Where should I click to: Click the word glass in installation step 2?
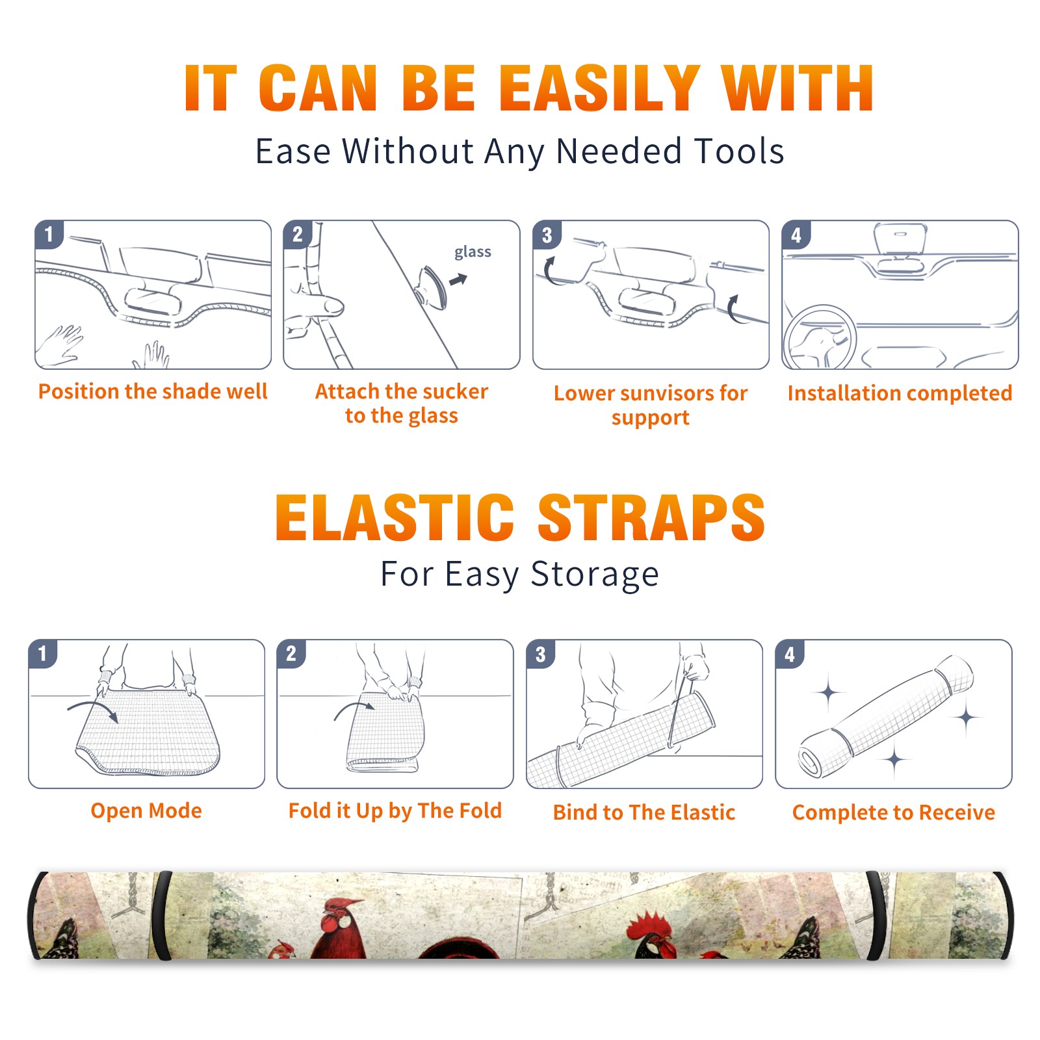click(473, 252)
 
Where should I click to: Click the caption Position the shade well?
click(153, 391)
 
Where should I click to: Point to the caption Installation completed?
click(900, 393)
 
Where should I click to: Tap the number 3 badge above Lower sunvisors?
click(546, 235)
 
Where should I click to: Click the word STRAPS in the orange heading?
click(651, 517)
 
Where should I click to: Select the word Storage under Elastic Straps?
click(595, 575)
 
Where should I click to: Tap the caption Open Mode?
click(146, 811)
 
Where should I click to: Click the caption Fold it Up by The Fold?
click(395, 811)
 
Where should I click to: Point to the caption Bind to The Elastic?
click(644, 812)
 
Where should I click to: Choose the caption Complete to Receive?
click(894, 812)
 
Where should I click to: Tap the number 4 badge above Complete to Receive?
click(789, 654)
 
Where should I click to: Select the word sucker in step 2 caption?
click(456, 391)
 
